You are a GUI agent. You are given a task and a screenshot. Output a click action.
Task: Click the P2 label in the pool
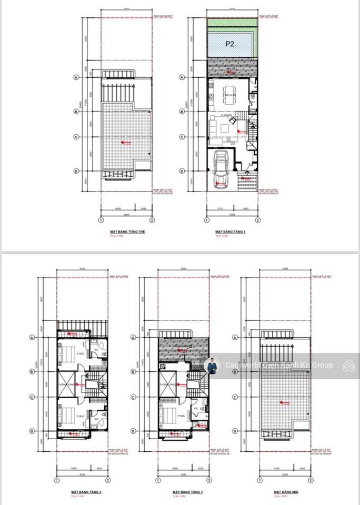[229, 44]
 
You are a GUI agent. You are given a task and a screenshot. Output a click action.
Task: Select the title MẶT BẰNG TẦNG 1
[230, 231]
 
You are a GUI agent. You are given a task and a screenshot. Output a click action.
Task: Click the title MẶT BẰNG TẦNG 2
[87, 492]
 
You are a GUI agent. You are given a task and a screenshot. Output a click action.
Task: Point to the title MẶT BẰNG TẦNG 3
[187, 492]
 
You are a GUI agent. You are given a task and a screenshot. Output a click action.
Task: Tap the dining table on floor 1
[229, 95]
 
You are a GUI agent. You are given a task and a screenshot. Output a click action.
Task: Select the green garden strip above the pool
[232, 23]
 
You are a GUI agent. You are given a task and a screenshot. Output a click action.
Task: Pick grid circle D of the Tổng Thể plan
[76, 171]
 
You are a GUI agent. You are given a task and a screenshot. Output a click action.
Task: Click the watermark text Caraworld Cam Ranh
[279, 365]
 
